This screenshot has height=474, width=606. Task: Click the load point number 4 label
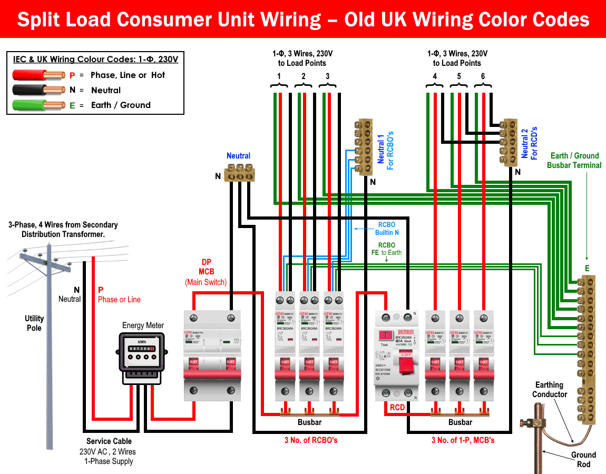click(435, 76)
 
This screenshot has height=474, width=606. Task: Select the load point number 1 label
click(279, 76)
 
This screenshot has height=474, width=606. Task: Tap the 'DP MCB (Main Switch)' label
click(206, 272)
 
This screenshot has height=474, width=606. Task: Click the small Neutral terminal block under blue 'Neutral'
click(240, 172)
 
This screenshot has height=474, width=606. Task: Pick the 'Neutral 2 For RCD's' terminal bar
click(510, 142)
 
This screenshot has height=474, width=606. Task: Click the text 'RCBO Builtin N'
click(386, 228)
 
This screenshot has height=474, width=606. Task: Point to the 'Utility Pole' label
click(34, 323)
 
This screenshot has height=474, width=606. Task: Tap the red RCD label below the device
click(397, 408)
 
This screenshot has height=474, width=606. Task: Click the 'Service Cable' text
click(109, 441)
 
